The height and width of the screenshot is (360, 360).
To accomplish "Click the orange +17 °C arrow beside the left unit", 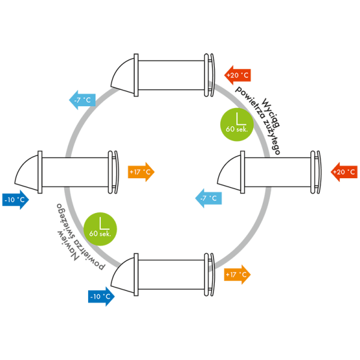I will pyautogui.click(x=141, y=172).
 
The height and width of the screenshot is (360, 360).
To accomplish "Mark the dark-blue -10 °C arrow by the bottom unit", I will pyautogui.click(x=100, y=296).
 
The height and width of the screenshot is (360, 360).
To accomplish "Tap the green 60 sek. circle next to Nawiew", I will pyautogui.click(x=100, y=229).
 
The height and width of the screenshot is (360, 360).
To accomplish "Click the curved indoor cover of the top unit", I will pyautogui.click(x=212, y=75).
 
